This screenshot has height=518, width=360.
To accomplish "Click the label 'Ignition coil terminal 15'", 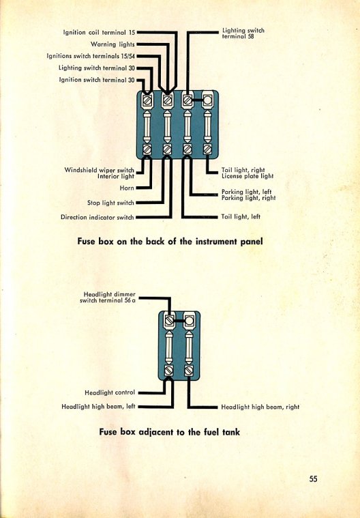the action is point(100,32).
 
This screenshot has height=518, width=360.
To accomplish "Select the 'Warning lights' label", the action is point(112,44).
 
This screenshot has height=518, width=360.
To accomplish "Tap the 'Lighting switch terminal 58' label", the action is point(243,33).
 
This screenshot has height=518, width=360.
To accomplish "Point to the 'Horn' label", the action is point(127,188).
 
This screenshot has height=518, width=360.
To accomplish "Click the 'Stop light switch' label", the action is point(110,203).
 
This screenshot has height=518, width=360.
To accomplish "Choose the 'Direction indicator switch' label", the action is point(97,217).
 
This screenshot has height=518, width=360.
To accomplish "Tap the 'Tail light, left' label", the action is point(241,217).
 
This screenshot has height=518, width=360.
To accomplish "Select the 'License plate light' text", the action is point(247,176).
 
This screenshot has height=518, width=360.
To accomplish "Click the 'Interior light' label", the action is point(116,176).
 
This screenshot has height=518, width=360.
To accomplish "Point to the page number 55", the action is point(313,478).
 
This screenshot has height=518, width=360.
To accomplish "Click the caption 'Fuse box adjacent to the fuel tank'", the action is point(170,432).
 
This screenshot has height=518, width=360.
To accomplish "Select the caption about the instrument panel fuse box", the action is point(170,241).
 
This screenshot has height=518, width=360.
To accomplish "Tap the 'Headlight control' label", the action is point(110,392).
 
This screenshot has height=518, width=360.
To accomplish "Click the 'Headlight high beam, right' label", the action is point(260,407).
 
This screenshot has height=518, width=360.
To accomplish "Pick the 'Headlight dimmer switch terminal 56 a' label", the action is point(108,297).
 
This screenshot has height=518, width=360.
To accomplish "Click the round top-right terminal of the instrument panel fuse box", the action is point(207,100).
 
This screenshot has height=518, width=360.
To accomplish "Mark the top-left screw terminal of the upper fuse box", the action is point(147,100).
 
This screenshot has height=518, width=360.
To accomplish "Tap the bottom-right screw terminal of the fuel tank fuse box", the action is point(189,371).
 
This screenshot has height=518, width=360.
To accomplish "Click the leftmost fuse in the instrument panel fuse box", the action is point(147,127).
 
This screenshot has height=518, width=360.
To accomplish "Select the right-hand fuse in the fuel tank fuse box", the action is point(189,347).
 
